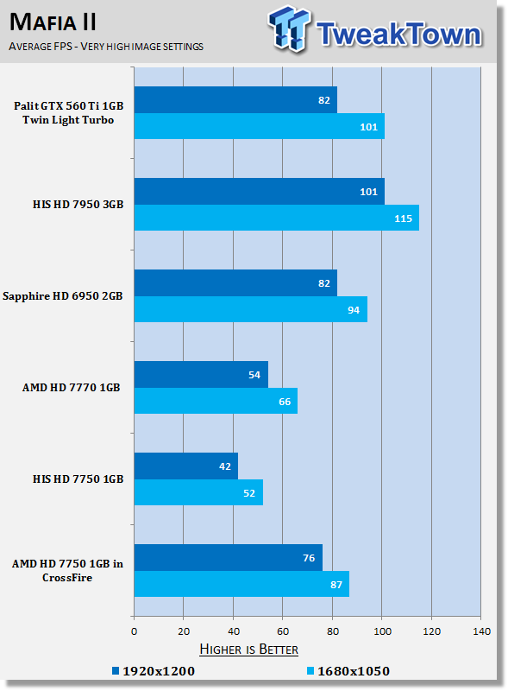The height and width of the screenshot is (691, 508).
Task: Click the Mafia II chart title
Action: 53,22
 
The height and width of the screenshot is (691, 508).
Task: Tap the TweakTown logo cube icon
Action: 289,29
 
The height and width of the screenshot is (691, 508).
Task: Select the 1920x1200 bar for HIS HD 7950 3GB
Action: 260,191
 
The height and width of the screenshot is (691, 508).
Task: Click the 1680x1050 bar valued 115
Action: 277,218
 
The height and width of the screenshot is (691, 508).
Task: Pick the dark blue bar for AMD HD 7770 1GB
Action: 201,375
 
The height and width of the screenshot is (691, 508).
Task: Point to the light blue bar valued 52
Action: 198,492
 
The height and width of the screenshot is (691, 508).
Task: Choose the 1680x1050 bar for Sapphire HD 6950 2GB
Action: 251,309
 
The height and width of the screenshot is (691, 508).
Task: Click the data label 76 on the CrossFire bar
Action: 309,558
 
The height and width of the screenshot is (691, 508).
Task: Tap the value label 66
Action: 285,402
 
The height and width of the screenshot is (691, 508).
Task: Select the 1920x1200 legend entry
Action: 154,671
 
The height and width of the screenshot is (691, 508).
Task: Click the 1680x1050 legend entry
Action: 348,671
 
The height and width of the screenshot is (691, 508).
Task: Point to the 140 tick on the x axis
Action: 481,631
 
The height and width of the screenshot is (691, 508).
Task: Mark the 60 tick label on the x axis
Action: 283,631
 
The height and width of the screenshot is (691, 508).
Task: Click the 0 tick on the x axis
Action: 134,631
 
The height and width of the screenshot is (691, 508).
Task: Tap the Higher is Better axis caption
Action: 248,650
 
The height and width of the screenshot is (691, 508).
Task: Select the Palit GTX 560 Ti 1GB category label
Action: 68,113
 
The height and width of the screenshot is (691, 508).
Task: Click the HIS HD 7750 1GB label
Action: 78,479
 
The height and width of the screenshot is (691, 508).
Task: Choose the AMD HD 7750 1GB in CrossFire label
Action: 67,571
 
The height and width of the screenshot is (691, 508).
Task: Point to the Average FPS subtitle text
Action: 106,47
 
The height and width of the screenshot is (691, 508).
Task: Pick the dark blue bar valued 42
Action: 186,466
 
